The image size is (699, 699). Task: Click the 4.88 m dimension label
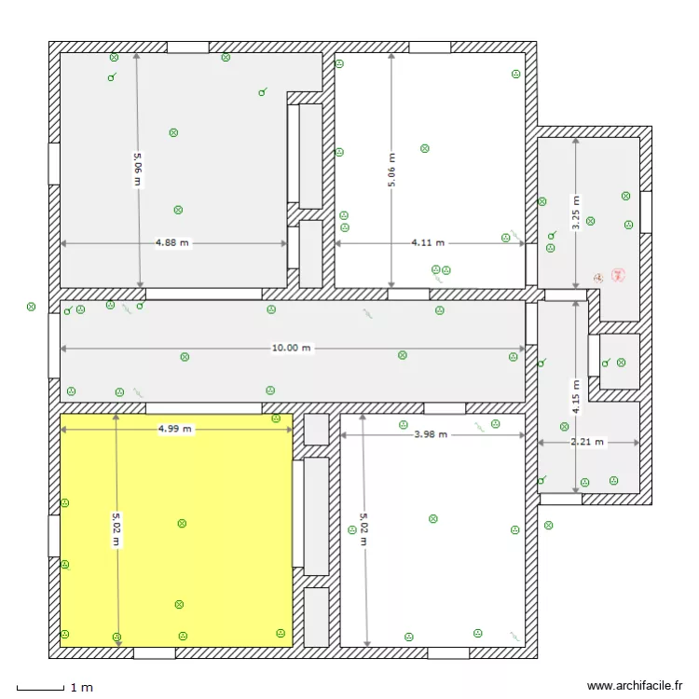[171, 243]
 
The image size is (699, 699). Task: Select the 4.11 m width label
[428, 243]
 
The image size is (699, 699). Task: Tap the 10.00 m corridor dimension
[292, 348]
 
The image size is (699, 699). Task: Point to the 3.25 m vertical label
[576, 212]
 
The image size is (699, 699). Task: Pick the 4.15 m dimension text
[576, 397]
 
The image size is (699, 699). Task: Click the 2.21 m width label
[587, 442]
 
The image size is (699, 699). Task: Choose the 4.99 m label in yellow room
[174, 430]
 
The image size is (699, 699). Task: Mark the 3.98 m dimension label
[430, 434]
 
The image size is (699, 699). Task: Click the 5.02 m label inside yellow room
[116, 528]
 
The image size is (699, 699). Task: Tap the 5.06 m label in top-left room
[138, 169]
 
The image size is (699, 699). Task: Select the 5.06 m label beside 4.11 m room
[391, 171]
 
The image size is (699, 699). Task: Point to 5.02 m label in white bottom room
[364, 528]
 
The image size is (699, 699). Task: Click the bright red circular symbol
[617, 275]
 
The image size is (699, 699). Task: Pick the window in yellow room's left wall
[54, 536]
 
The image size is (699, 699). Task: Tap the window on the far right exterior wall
[646, 212]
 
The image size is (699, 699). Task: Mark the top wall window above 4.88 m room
[187, 47]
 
